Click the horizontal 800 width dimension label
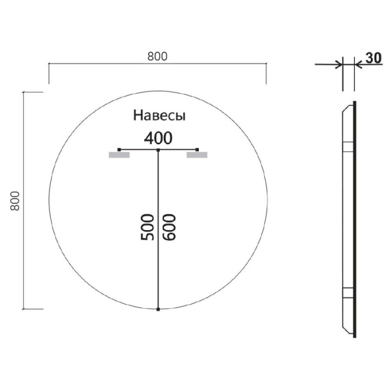[x=157, y=57]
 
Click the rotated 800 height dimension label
[x=15, y=201]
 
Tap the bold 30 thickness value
[x=373, y=58]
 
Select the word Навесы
[x=159, y=116]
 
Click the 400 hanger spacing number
[x=158, y=138]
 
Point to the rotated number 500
[x=147, y=227]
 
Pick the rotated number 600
[x=169, y=227]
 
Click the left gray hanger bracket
[x=119, y=155]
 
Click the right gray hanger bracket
[x=197, y=155]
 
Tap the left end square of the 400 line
[x=119, y=150]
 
